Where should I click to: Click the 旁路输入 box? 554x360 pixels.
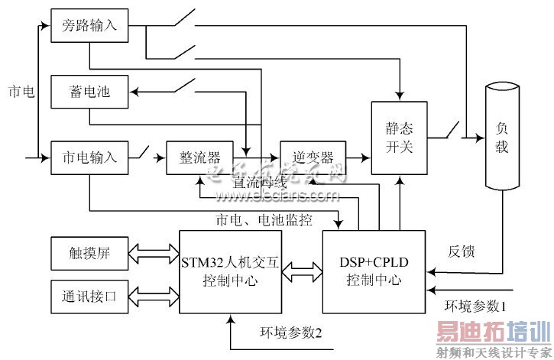(x=89, y=26)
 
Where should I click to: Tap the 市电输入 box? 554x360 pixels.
(x=89, y=158)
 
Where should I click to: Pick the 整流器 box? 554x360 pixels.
(x=193, y=158)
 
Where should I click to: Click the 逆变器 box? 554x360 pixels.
(x=313, y=158)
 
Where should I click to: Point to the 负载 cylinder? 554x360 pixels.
(x=501, y=138)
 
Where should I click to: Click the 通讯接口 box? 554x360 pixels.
(x=89, y=295)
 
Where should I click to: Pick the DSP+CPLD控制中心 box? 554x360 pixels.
(x=376, y=271)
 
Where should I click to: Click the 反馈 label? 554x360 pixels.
(x=462, y=251)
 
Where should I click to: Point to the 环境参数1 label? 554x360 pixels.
(x=475, y=306)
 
